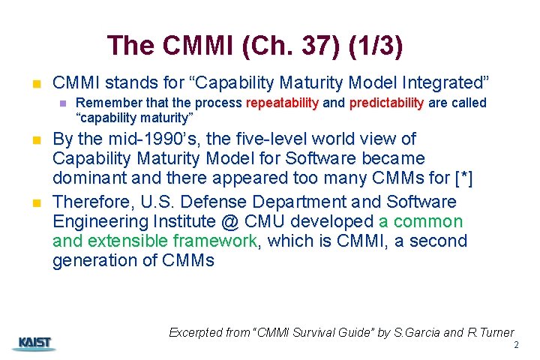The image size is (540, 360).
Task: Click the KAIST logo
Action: tap(33, 343)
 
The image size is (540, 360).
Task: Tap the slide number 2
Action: tap(516, 345)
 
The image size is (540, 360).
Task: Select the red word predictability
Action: tap(386, 103)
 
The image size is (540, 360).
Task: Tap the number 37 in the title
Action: tap(313, 46)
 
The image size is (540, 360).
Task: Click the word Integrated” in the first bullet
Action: tap(452, 82)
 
